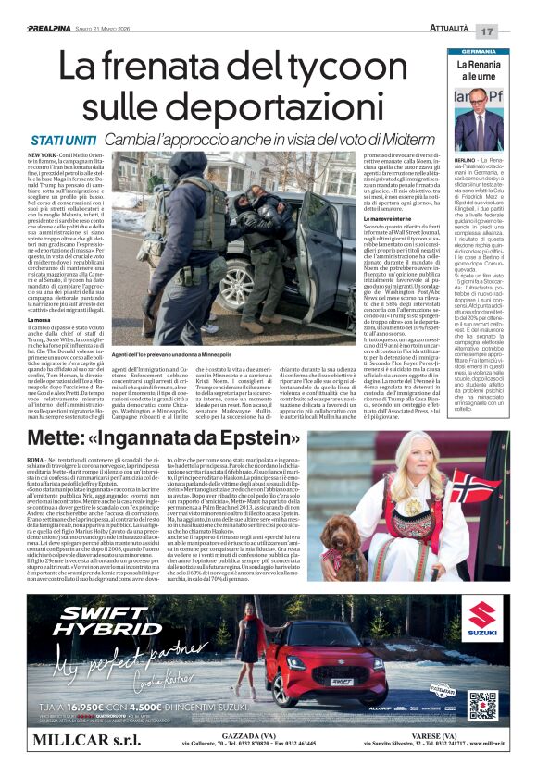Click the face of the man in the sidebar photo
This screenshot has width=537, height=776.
coord(479,102)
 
